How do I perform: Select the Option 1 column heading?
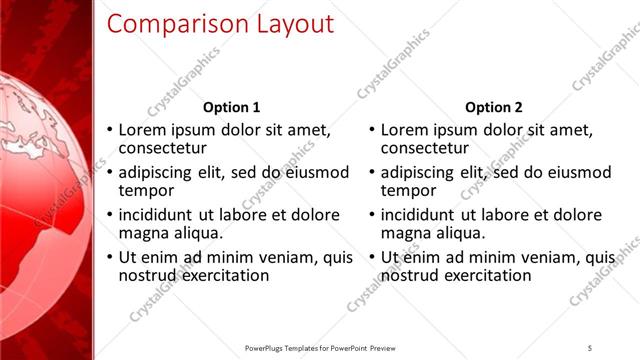pos(231,107)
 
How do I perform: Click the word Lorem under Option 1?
pos(143,130)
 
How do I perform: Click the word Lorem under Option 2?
pos(405,130)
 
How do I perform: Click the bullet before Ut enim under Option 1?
pos(110,257)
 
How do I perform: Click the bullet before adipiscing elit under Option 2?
pos(372,172)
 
